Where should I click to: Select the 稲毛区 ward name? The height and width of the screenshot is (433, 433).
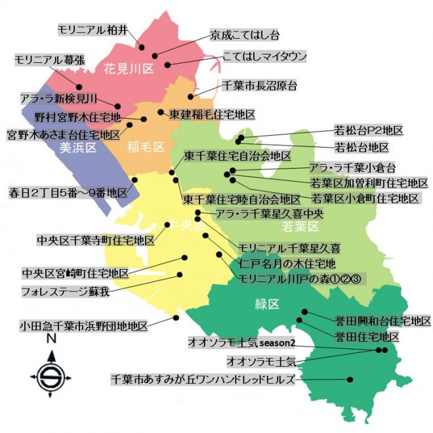point(146,148)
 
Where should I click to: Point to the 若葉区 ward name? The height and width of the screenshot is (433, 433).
point(299,227)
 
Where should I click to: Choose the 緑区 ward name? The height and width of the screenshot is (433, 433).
point(268,304)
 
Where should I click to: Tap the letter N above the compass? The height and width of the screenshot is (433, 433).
point(51,340)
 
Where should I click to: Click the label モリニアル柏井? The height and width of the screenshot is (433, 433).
point(93,30)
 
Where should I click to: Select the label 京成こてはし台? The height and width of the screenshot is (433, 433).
point(245,34)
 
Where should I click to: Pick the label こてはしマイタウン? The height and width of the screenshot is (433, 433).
point(264,57)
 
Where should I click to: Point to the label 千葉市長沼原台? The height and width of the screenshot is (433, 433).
point(260,85)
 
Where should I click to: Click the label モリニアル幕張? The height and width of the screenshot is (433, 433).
point(49,60)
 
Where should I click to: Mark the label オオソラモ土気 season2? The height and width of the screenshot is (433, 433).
point(241,342)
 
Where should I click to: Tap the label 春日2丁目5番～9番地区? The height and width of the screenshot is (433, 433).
point(67,194)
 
